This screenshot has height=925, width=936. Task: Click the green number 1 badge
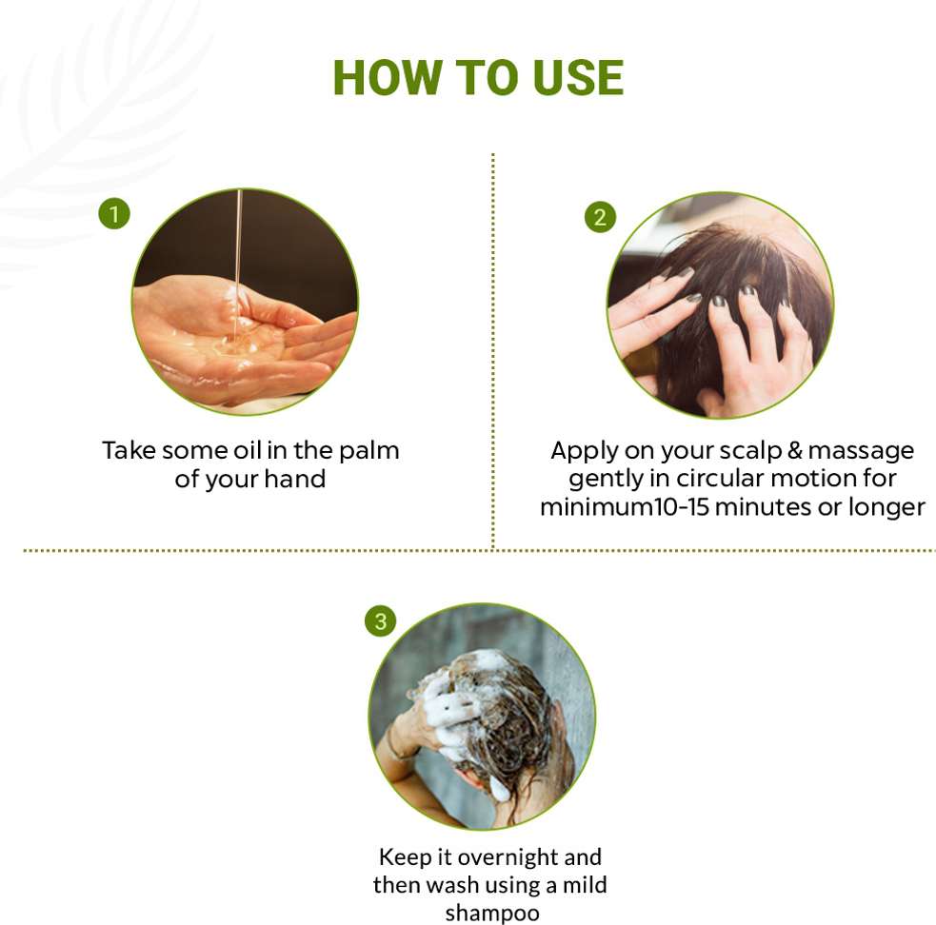click(x=114, y=214)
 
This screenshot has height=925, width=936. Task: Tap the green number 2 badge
click(x=600, y=217)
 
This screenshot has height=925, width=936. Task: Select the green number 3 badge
click(x=380, y=621)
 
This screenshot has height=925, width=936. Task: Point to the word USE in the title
click(x=578, y=78)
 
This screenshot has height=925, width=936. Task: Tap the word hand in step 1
click(x=295, y=479)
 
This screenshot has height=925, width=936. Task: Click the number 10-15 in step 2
click(x=681, y=507)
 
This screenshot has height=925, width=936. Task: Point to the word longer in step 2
click(x=887, y=508)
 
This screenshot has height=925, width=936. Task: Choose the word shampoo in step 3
click(x=492, y=914)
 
